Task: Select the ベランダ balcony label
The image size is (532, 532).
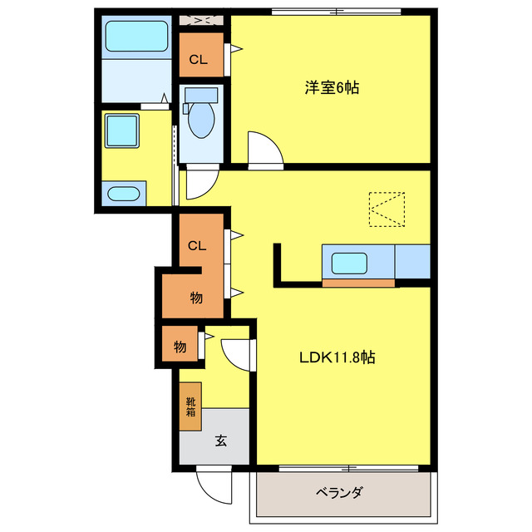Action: [339, 492]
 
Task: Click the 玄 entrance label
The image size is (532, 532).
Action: [221, 441]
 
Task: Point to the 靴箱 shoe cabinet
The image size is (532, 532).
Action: [190, 406]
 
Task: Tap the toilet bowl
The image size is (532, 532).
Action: [200, 119]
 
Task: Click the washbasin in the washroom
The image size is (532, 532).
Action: [123, 194]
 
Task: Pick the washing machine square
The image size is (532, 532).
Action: [121, 131]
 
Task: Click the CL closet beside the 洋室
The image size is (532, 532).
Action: [199, 59]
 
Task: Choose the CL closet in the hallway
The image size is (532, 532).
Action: [197, 245]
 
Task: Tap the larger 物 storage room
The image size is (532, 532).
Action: [195, 298]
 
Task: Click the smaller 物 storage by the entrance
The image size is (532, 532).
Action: [180, 346]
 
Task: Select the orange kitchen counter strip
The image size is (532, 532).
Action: [358, 283]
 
